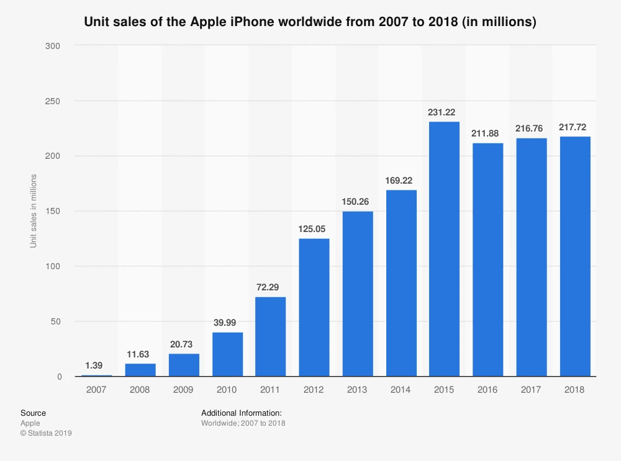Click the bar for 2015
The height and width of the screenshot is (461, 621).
444,248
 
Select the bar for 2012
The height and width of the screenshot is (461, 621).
314,307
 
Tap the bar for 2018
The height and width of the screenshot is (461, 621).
574,256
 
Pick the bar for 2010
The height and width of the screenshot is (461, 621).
227,354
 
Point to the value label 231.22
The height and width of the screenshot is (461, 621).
444,112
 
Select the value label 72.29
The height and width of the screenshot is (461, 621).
270,288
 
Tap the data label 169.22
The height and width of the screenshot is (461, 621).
401,181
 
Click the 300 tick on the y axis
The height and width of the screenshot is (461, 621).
55,46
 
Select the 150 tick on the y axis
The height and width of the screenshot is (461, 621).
55,212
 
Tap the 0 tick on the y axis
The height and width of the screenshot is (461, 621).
59,377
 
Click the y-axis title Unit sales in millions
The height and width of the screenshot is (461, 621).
34,211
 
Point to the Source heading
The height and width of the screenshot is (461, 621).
33,413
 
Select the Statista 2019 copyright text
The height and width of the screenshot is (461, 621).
46,433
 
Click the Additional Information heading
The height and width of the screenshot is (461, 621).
242,413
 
